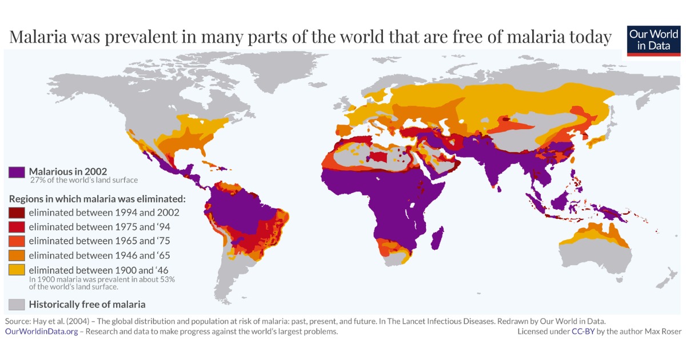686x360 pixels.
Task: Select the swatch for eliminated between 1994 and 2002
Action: click(17, 213)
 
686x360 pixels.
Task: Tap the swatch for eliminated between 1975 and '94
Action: click(17, 227)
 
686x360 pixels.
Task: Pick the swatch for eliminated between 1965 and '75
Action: click(17, 241)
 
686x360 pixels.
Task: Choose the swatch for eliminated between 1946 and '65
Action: click(17, 255)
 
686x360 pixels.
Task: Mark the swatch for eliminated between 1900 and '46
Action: click(17, 270)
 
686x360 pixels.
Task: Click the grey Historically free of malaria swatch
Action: click(17, 305)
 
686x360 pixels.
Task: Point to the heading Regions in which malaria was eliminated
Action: click(97, 199)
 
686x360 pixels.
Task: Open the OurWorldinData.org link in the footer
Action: click(41, 331)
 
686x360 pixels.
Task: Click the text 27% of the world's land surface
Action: click(84, 181)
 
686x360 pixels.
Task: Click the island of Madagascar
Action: click(437, 238)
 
